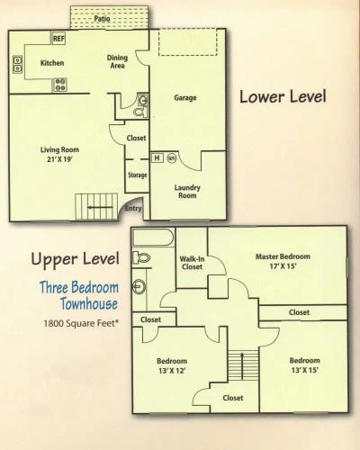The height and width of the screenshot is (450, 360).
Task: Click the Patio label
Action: pyautogui.click(x=102, y=19)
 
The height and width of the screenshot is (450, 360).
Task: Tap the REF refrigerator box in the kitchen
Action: pyautogui.click(x=58, y=39)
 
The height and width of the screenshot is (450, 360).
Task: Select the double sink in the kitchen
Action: pyautogui.click(x=18, y=64)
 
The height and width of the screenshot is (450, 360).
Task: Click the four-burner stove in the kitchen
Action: pyautogui.click(x=60, y=85)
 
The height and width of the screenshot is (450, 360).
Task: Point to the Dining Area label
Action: pyautogui.click(x=117, y=61)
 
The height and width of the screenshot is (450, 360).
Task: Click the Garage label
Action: pyautogui.click(x=185, y=97)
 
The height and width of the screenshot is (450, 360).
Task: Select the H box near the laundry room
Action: pyautogui.click(x=157, y=157)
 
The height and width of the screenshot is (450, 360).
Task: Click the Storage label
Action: pyautogui.click(x=138, y=175)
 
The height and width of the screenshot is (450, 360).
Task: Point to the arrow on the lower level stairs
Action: pyautogui.click(x=100, y=207)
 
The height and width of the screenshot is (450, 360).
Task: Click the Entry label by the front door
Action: pyautogui.click(x=133, y=208)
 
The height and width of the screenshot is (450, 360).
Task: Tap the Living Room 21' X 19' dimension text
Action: pyautogui.click(x=59, y=159)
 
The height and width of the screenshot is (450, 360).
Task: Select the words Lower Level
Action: pyautogui.click(x=283, y=97)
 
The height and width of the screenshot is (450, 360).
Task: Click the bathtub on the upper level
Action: pyautogui.click(x=153, y=238)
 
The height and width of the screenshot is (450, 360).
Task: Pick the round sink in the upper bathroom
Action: pyautogui.click(x=139, y=286)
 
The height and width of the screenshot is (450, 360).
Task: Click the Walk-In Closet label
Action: pyautogui.click(x=192, y=263)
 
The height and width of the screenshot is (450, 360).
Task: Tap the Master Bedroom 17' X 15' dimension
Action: pyautogui.click(x=283, y=266)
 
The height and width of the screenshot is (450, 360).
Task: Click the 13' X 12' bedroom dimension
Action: pyautogui.click(x=172, y=371)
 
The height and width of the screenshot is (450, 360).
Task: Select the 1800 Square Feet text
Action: pyautogui.click(x=81, y=323)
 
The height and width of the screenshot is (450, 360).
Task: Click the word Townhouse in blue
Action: pyautogui.click(x=89, y=303)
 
